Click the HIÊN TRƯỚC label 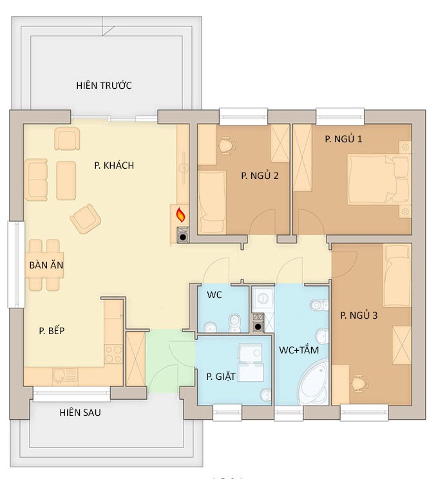pos(104,85)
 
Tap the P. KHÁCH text pos(114,165)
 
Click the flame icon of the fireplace pos(180,214)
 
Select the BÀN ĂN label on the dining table pos(46,265)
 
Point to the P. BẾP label pos(52,330)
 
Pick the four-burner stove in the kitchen pos(113,354)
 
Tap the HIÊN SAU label pos(80,413)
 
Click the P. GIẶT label pos(221,377)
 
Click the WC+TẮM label pos(299,350)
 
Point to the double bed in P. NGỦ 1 pos(378,179)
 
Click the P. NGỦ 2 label pos(260,176)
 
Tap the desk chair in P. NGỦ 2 pos(227,144)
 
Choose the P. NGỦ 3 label pos(359,315)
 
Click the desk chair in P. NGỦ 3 pos(359,383)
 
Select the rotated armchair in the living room pos(85,219)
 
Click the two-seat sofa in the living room pos(36,180)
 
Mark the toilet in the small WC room pos(234,323)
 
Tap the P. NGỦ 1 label pos(343,139)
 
